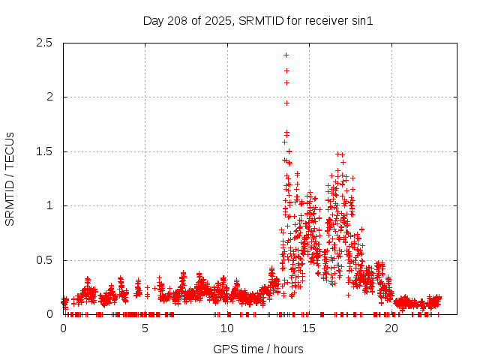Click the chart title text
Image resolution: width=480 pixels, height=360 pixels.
click(x=258, y=20)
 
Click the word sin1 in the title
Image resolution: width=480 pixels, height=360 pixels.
click(x=361, y=20)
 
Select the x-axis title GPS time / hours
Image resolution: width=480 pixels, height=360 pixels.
click(x=258, y=349)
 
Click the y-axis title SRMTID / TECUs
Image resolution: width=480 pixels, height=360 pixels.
click(x=10, y=178)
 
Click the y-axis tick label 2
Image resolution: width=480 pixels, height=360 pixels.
click(x=49, y=97)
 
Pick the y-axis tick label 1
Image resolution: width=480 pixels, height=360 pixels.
click(x=49, y=205)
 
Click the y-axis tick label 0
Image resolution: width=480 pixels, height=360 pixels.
click(x=49, y=314)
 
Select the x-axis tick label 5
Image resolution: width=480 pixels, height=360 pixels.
click(x=145, y=328)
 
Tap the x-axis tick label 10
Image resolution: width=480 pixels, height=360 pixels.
click(x=227, y=328)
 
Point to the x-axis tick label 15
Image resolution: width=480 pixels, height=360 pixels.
click(x=310, y=328)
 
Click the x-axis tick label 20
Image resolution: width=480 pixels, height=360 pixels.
click(x=391, y=328)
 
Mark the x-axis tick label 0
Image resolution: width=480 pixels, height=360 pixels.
click(x=63, y=328)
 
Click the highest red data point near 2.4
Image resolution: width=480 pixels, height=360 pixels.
click(x=286, y=55)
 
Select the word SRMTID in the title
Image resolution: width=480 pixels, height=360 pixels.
click(x=261, y=20)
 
